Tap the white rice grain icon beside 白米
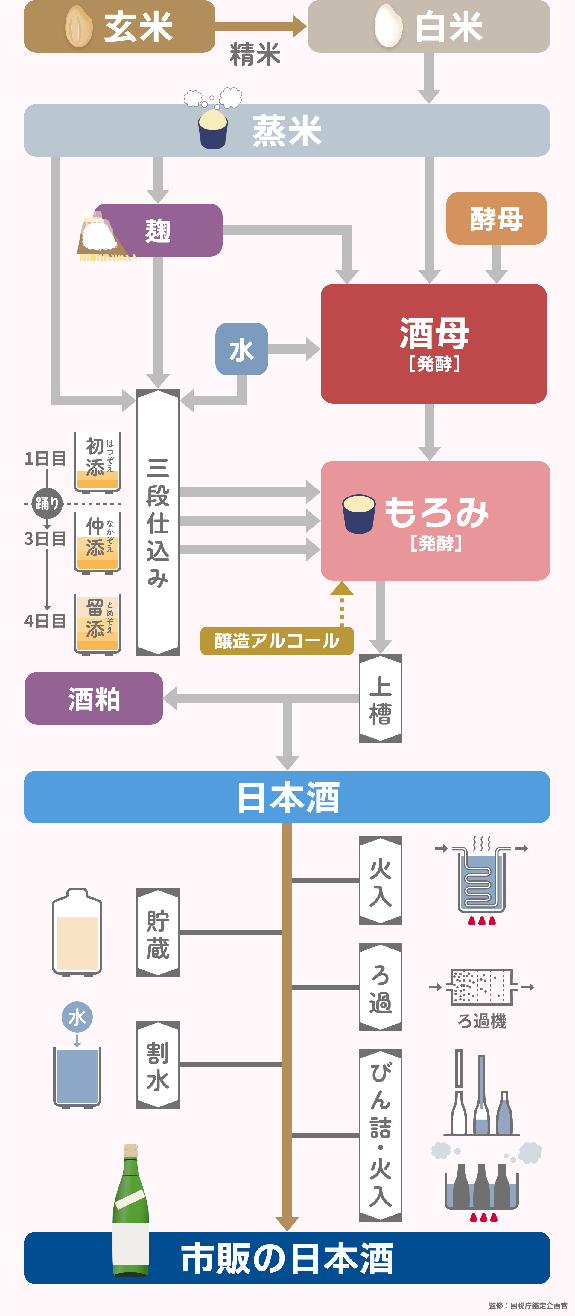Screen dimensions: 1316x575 click(x=388, y=27)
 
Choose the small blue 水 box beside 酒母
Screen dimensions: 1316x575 click(x=241, y=349)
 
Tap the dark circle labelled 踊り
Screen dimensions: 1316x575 click(x=47, y=504)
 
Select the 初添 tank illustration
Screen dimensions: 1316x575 click(x=97, y=462)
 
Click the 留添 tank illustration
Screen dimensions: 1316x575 click(x=97, y=623)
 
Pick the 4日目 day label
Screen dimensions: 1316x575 click(x=45, y=621)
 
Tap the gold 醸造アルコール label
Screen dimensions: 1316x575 click(x=276, y=641)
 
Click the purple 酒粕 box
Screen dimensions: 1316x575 click(x=94, y=698)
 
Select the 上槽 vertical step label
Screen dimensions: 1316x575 click(x=380, y=698)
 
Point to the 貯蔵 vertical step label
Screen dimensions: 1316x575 click(x=157, y=932)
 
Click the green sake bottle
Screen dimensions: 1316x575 click(x=131, y=1211)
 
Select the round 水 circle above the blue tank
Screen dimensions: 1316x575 click(x=77, y=1017)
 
